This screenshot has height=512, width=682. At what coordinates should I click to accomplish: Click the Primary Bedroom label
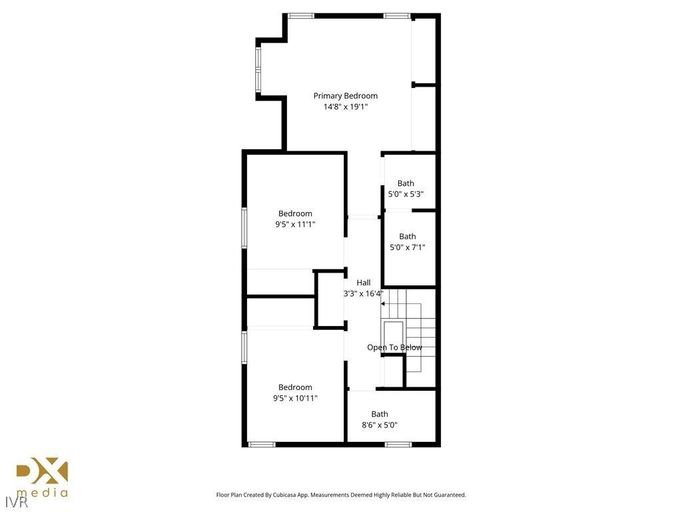(345, 96)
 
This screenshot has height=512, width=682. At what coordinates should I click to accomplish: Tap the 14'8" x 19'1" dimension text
(345, 107)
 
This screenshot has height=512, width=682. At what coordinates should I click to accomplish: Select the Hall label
(363, 283)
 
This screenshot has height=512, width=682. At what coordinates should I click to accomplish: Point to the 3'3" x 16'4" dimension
(363, 293)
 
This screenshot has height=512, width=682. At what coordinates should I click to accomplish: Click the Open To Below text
(394, 347)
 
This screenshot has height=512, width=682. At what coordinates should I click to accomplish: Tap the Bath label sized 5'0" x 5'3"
(406, 183)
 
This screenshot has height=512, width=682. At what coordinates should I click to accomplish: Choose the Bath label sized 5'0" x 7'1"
(407, 237)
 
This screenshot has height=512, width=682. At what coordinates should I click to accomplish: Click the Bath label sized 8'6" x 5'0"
(380, 414)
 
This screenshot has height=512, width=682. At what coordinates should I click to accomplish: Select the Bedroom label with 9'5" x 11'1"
(295, 214)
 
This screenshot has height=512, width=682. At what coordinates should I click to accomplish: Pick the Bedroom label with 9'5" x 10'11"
(295, 387)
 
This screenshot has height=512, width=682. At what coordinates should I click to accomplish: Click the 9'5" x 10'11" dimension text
(295, 399)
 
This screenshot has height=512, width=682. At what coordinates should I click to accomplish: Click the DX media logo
(42, 478)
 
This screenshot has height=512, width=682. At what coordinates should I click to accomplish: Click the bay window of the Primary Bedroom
(258, 69)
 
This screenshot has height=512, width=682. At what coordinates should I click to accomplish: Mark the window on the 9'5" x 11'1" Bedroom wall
(244, 228)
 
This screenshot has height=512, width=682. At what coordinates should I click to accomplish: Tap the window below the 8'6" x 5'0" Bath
(398, 444)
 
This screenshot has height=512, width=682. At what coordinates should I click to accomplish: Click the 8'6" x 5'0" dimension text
(380, 425)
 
